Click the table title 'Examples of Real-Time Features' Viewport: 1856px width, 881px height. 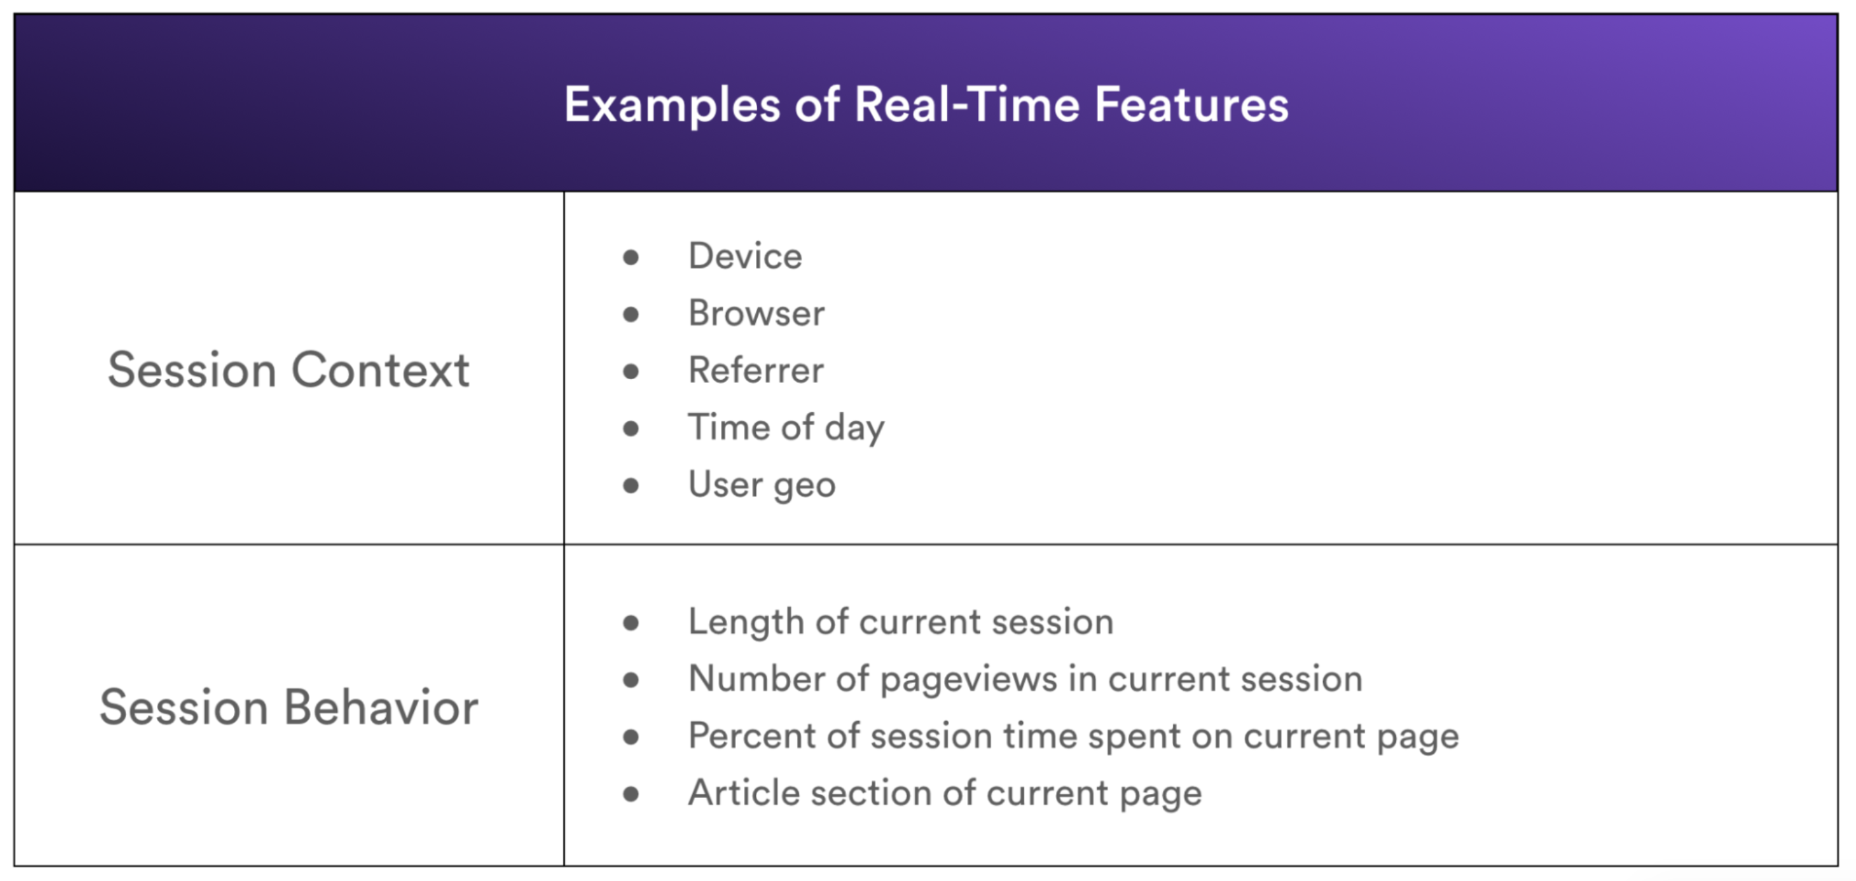coord(927,105)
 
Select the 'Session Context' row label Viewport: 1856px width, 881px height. coord(289,369)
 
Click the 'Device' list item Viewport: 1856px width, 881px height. coord(745,256)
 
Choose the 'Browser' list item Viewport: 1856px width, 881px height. coord(757,313)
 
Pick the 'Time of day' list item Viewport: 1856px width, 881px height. coord(786,428)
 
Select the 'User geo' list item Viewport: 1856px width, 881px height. coord(762,485)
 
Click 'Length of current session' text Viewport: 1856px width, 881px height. coord(900,622)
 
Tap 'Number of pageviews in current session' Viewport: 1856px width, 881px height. coord(1025,679)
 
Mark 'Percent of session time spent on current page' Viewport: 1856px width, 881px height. coord(1074,736)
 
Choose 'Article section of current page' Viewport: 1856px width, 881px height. coord(945,793)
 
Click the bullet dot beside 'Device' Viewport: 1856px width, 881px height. coord(631,257)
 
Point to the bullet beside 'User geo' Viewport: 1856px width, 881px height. coord(631,485)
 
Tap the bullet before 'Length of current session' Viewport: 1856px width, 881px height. coord(631,623)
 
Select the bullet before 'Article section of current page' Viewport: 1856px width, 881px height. coord(631,794)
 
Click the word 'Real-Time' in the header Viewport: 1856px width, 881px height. coord(967,104)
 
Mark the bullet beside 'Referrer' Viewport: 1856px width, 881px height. coord(631,371)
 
